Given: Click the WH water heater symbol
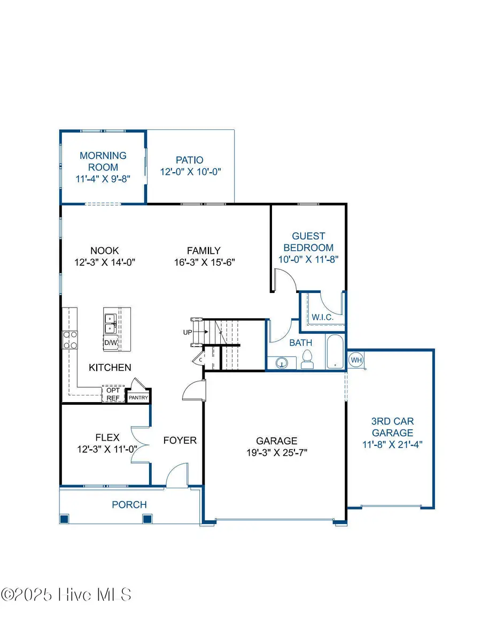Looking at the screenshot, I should pyautogui.click(x=356, y=360).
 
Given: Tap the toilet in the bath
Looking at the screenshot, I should pyautogui.click(x=307, y=359).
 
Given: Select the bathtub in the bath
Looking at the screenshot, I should pyautogui.click(x=335, y=352).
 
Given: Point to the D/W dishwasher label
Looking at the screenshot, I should pyautogui.click(x=111, y=342).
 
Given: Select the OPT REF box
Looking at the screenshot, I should pyautogui.click(x=113, y=394).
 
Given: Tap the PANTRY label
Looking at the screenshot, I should pyautogui.click(x=138, y=397).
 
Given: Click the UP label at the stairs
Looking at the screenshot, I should pyautogui.click(x=188, y=332).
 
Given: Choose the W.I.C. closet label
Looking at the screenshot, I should pyautogui.click(x=322, y=317).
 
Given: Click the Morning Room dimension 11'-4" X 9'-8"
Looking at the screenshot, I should pyautogui.click(x=103, y=179).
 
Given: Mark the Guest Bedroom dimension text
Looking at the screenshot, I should pyautogui.click(x=308, y=259).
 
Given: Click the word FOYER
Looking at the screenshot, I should pyautogui.click(x=180, y=441).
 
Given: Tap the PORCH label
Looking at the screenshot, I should pyautogui.click(x=129, y=504).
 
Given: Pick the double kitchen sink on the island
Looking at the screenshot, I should pyautogui.click(x=111, y=322).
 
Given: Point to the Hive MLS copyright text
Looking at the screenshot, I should pyautogui.click(x=66, y=595).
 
